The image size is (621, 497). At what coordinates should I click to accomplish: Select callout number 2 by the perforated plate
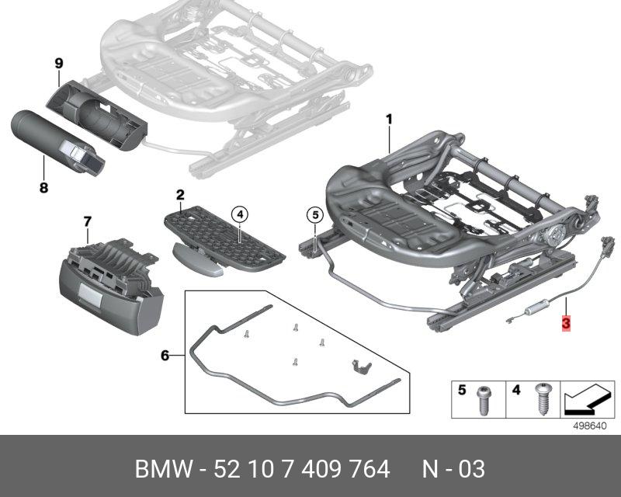(x=180, y=194)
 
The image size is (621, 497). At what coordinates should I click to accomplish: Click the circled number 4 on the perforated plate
(x=240, y=214)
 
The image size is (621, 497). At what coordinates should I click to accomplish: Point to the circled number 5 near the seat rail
(x=314, y=214)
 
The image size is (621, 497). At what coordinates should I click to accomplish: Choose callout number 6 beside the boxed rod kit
(x=165, y=356)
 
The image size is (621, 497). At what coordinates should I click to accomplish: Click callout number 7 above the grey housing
(x=87, y=222)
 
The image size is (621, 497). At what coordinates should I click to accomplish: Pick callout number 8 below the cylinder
(x=43, y=187)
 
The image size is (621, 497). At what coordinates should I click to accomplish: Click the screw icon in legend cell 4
(x=540, y=399)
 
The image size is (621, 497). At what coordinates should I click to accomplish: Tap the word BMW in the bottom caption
(x=161, y=469)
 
